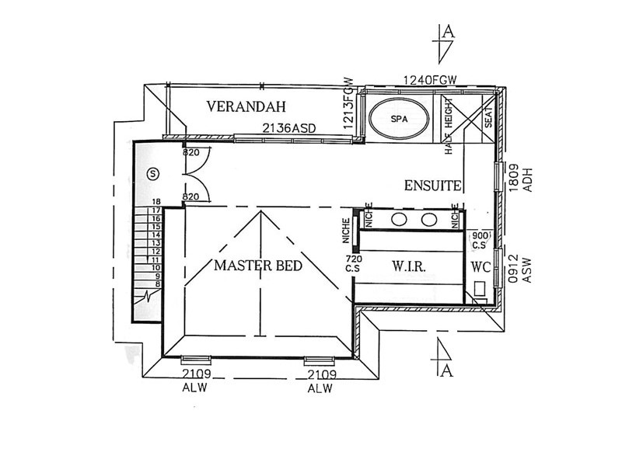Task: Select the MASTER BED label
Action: pyautogui.click(x=258, y=265)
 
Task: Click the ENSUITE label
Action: pyautogui.click(x=434, y=186)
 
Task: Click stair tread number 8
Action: pyautogui.click(x=155, y=284)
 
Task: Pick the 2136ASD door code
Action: pyautogui.click(x=291, y=129)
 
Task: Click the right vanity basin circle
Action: pyautogui.click(x=428, y=219)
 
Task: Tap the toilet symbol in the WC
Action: pyautogui.click(x=480, y=291)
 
